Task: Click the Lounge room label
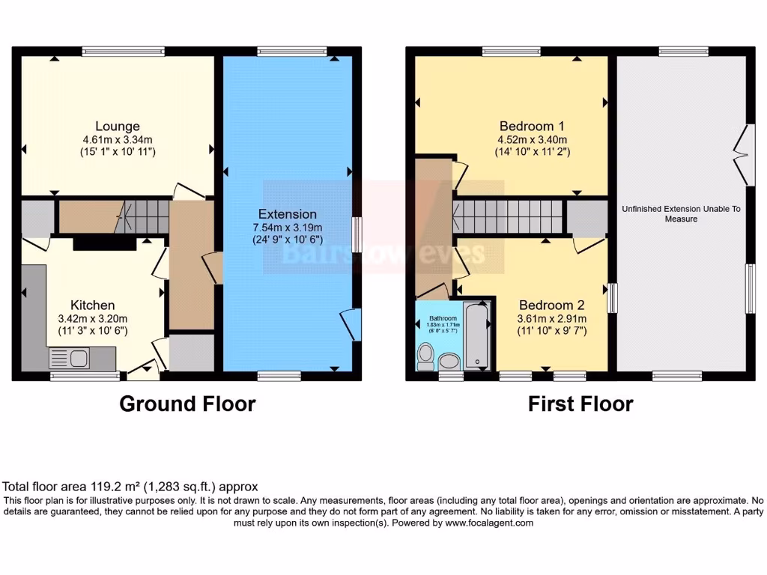click(x=117, y=126)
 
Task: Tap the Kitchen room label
click(x=93, y=305)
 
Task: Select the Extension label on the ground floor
click(x=288, y=214)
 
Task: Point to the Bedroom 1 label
click(x=532, y=126)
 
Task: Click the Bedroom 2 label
click(x=551, y=305)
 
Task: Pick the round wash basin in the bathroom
click(x=449, y=362)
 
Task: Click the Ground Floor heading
click(x=187, y=404)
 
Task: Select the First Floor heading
click(x=580, y=404)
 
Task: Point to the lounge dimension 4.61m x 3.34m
click(x=118, y=139)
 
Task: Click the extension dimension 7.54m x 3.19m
click(x=288, y=228)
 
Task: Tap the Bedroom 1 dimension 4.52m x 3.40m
click(x=532, y=139)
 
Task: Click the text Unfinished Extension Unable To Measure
click(x=681, y=214)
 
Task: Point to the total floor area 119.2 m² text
click(x=131, y=486)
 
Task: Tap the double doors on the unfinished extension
click(x=741, y=154)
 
